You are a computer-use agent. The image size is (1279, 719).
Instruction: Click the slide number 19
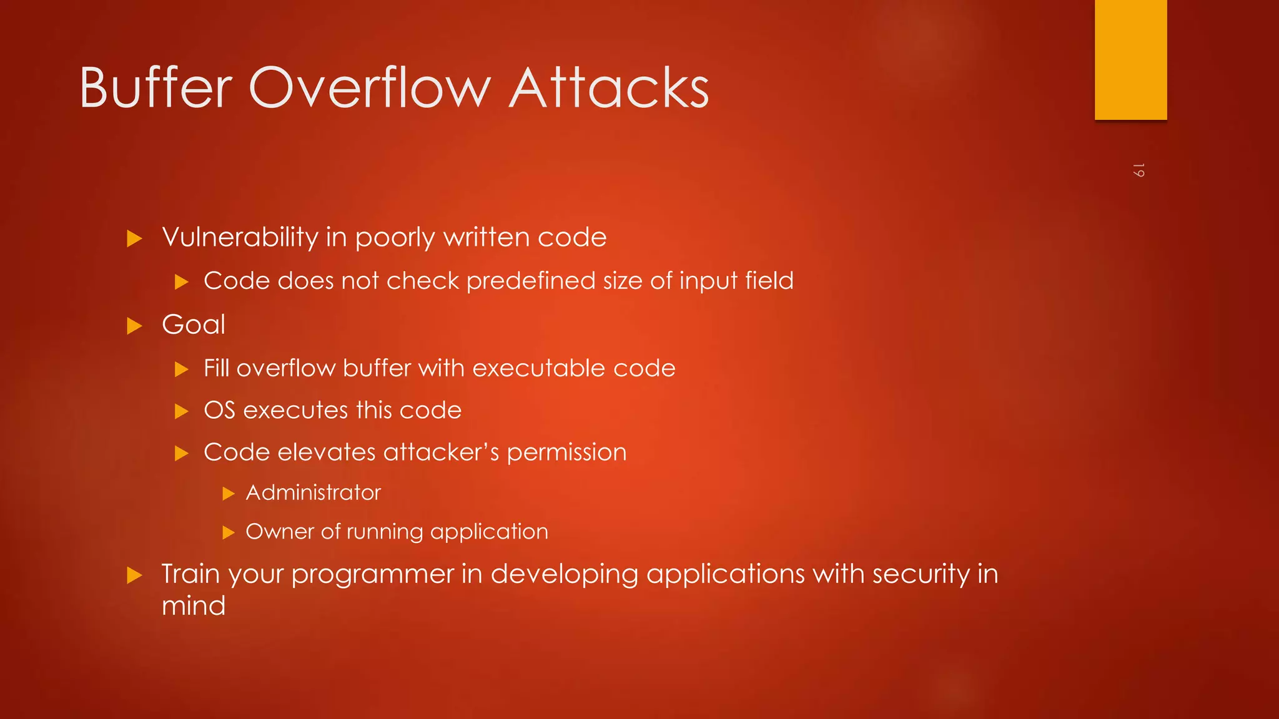coord(1138,170)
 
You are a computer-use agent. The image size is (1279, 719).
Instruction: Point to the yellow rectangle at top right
coord(1130,59)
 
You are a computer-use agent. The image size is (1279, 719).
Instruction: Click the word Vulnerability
coord(240,238)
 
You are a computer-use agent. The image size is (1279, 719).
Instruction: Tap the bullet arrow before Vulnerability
coord(134,238)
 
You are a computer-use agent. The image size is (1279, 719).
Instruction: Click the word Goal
coord(194,325)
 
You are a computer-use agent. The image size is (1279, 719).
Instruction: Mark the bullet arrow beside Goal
coord(134,326)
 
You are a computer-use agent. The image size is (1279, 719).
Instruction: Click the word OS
coord(219,411)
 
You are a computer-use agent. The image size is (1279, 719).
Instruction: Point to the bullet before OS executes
coord(181,411)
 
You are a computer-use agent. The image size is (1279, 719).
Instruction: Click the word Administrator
coord(313,493)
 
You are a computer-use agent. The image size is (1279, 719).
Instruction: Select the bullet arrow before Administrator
coord(229,494)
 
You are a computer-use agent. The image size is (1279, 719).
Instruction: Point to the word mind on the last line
coord(194,606)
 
